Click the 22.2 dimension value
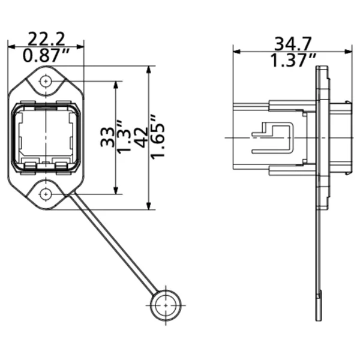46,39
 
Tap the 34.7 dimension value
293,43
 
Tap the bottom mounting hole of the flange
46,194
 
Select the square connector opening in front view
46,137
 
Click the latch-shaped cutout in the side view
273,137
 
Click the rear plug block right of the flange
340,137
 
